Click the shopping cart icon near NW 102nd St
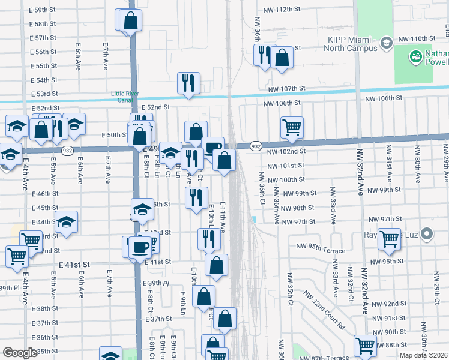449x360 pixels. (x=292, y=127)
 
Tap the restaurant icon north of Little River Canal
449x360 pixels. (x=188, y=83)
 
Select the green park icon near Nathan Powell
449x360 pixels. (x=415, y=57)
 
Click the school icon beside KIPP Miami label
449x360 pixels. (x=387, y=42)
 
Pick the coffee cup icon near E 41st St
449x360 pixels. (x=140, y=247)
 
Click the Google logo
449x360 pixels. (x=20, y=353)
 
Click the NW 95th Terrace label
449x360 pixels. (x=321, y=251)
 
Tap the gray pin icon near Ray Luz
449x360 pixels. (x=427, y=233)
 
